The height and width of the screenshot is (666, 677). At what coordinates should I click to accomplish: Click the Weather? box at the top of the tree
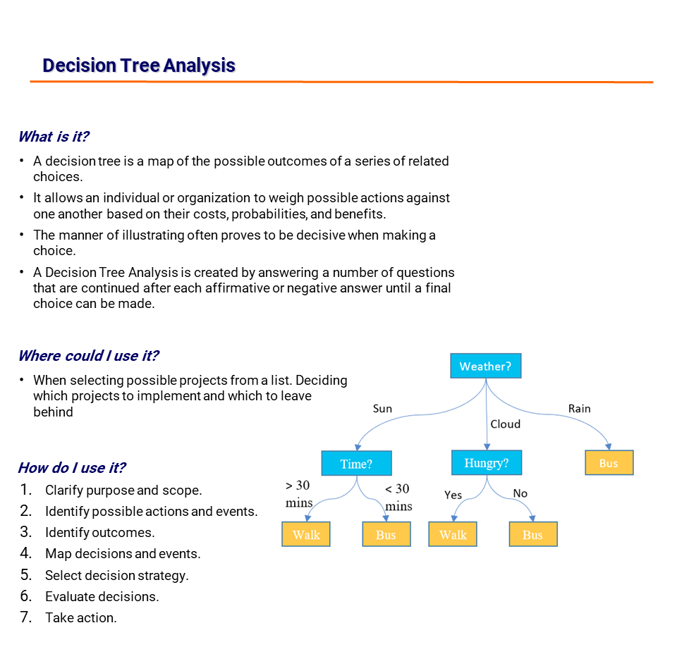coord(485,366)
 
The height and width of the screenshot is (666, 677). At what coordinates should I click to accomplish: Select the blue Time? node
coord(356,463)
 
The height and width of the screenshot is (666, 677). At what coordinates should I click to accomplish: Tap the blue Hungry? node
coord(487,463)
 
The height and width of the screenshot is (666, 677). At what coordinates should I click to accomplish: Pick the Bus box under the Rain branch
coord(609,463)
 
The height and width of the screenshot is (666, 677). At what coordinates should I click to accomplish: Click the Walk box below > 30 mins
coord(306,534)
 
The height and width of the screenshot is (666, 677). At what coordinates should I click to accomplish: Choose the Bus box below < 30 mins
coord(386,534)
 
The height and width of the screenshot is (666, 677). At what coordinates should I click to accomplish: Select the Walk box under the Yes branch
coord(453,534)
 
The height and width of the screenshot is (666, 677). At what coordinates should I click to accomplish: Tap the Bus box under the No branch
coord(532,534)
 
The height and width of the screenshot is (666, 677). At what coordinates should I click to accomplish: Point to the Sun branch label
coord(382,409)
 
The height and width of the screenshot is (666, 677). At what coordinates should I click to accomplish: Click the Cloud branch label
coord(505,424)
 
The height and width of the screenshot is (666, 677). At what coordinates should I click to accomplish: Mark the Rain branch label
coord(579,409)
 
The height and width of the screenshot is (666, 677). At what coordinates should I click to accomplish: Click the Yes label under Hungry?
coord(453,495)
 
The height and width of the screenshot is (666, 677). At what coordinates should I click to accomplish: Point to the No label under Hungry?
coord(520,493)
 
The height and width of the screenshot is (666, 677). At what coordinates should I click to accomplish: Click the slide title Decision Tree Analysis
coord(139,66)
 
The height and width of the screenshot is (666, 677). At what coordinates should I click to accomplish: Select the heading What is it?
coord(54,137)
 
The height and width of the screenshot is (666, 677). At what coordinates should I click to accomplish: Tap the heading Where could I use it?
coord(88,356)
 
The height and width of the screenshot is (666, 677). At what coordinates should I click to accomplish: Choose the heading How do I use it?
coord(72,468)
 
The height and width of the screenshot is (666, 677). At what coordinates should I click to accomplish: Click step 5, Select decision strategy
coord(116,575)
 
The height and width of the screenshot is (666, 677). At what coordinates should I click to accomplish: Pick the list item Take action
coord(80,617)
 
